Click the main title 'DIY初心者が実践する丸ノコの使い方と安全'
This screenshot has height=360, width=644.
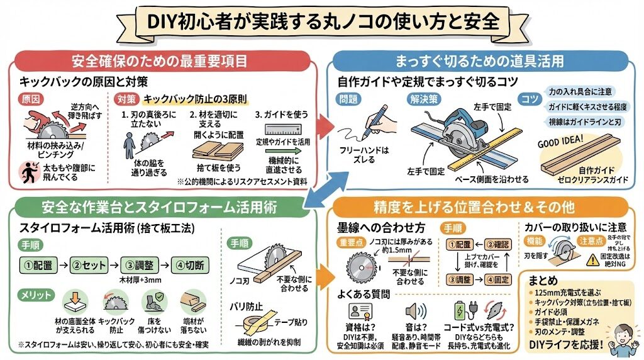tap(322, 21)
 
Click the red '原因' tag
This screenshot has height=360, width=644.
tap(31, 100)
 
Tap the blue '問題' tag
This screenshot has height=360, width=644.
tap(348, 99)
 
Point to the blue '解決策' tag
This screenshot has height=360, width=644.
tap(425, 99)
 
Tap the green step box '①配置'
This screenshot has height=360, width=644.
tap(39, 263)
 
